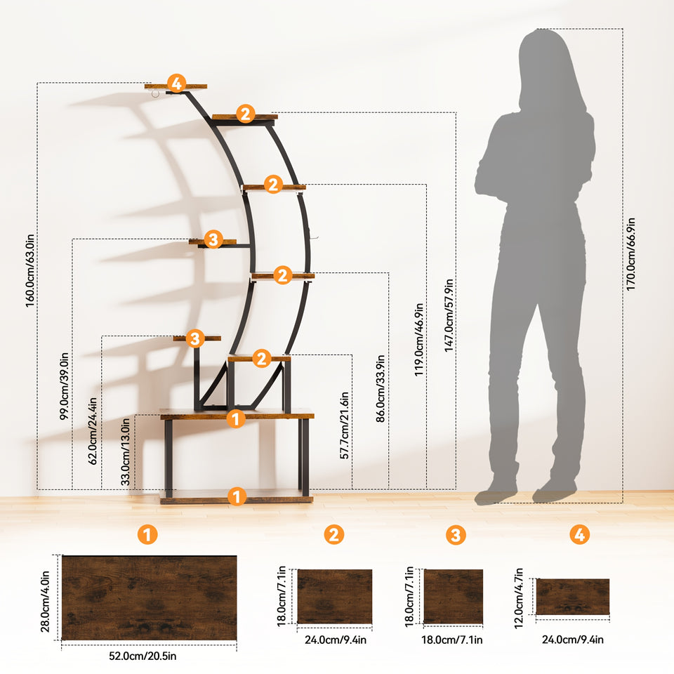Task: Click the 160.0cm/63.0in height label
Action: (29, 271)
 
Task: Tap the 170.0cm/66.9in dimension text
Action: (630, 254)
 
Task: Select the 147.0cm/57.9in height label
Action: (449, 315)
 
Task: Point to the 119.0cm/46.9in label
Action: (419, 340)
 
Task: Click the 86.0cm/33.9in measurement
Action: (381, 388)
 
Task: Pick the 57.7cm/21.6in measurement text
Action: (345, 425)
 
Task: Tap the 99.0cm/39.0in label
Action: (64, 386)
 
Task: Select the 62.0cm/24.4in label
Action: (93, 431)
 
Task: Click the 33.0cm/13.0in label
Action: (126, 451)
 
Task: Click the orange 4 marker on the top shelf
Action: (176, 84)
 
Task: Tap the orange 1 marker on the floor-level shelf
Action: (237, 496)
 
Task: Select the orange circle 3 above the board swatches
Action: (456, 535)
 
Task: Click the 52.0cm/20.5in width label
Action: (143, 656)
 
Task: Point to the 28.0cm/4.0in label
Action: (45, 602)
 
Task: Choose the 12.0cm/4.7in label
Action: (519, 598)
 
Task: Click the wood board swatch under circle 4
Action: (573, 597)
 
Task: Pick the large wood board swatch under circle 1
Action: (149, 598)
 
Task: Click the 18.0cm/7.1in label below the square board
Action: (451, 640)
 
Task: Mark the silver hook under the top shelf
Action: (155, 93)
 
